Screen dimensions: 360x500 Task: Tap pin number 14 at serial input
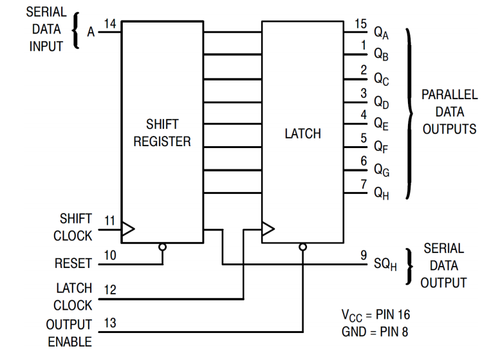tap(110, 24)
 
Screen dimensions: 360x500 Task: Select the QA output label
tap(382, 33)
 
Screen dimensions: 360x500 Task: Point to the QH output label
tap(382, 193)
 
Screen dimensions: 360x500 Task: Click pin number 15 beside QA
tap(361, 24)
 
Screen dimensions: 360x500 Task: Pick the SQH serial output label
tap(384, 265)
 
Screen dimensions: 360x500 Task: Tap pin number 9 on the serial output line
tap(364, 255)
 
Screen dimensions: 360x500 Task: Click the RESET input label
tap(73, 263)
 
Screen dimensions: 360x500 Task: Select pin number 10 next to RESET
tap(110, 256)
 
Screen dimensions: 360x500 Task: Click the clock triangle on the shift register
tap(128, 228)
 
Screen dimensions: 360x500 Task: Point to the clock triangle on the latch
tap(268, 228)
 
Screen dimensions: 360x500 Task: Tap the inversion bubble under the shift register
tap(162, 247)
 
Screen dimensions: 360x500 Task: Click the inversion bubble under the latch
tap(303, 247)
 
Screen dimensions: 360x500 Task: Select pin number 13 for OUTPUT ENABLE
tap(110, 323)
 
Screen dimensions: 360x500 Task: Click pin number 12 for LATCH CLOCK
tap(110, 290)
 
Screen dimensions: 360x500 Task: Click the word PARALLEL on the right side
tap(449, 95)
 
